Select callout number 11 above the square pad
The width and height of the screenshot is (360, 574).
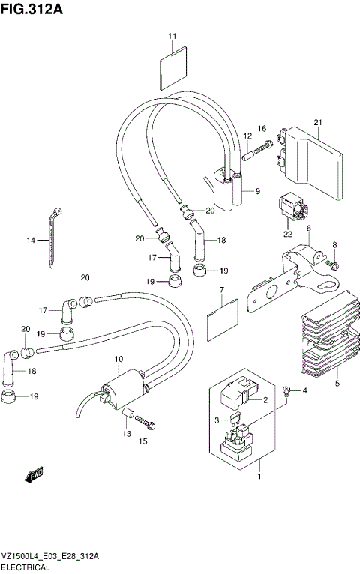[x=172, y=36]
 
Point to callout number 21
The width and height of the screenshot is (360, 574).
[x=317, y=122]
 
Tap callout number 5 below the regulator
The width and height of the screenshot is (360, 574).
[x=337, y=384]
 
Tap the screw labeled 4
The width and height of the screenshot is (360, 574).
[x=286, y=390]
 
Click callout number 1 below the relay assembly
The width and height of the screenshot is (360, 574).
[x=259, y=476]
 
